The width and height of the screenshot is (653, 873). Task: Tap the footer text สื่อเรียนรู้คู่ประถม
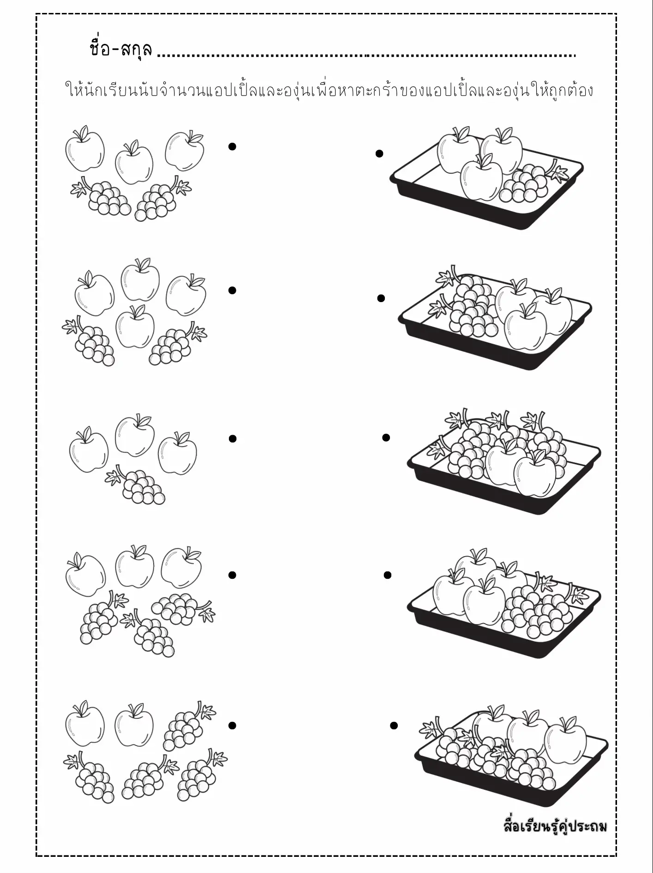[554, 825]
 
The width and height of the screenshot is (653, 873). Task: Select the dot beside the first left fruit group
[233, 146]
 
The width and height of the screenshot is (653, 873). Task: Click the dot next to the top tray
[379, 154]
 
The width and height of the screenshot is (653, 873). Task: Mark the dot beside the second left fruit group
[233, 290]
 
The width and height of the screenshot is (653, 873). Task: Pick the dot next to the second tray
[381, 298]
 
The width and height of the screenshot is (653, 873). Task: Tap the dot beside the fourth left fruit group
[232, 575]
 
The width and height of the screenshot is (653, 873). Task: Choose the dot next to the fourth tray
[388, 575]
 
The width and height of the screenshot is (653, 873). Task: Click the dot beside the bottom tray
[394, 726]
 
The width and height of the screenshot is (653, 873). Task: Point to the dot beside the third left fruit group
[233, 439]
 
